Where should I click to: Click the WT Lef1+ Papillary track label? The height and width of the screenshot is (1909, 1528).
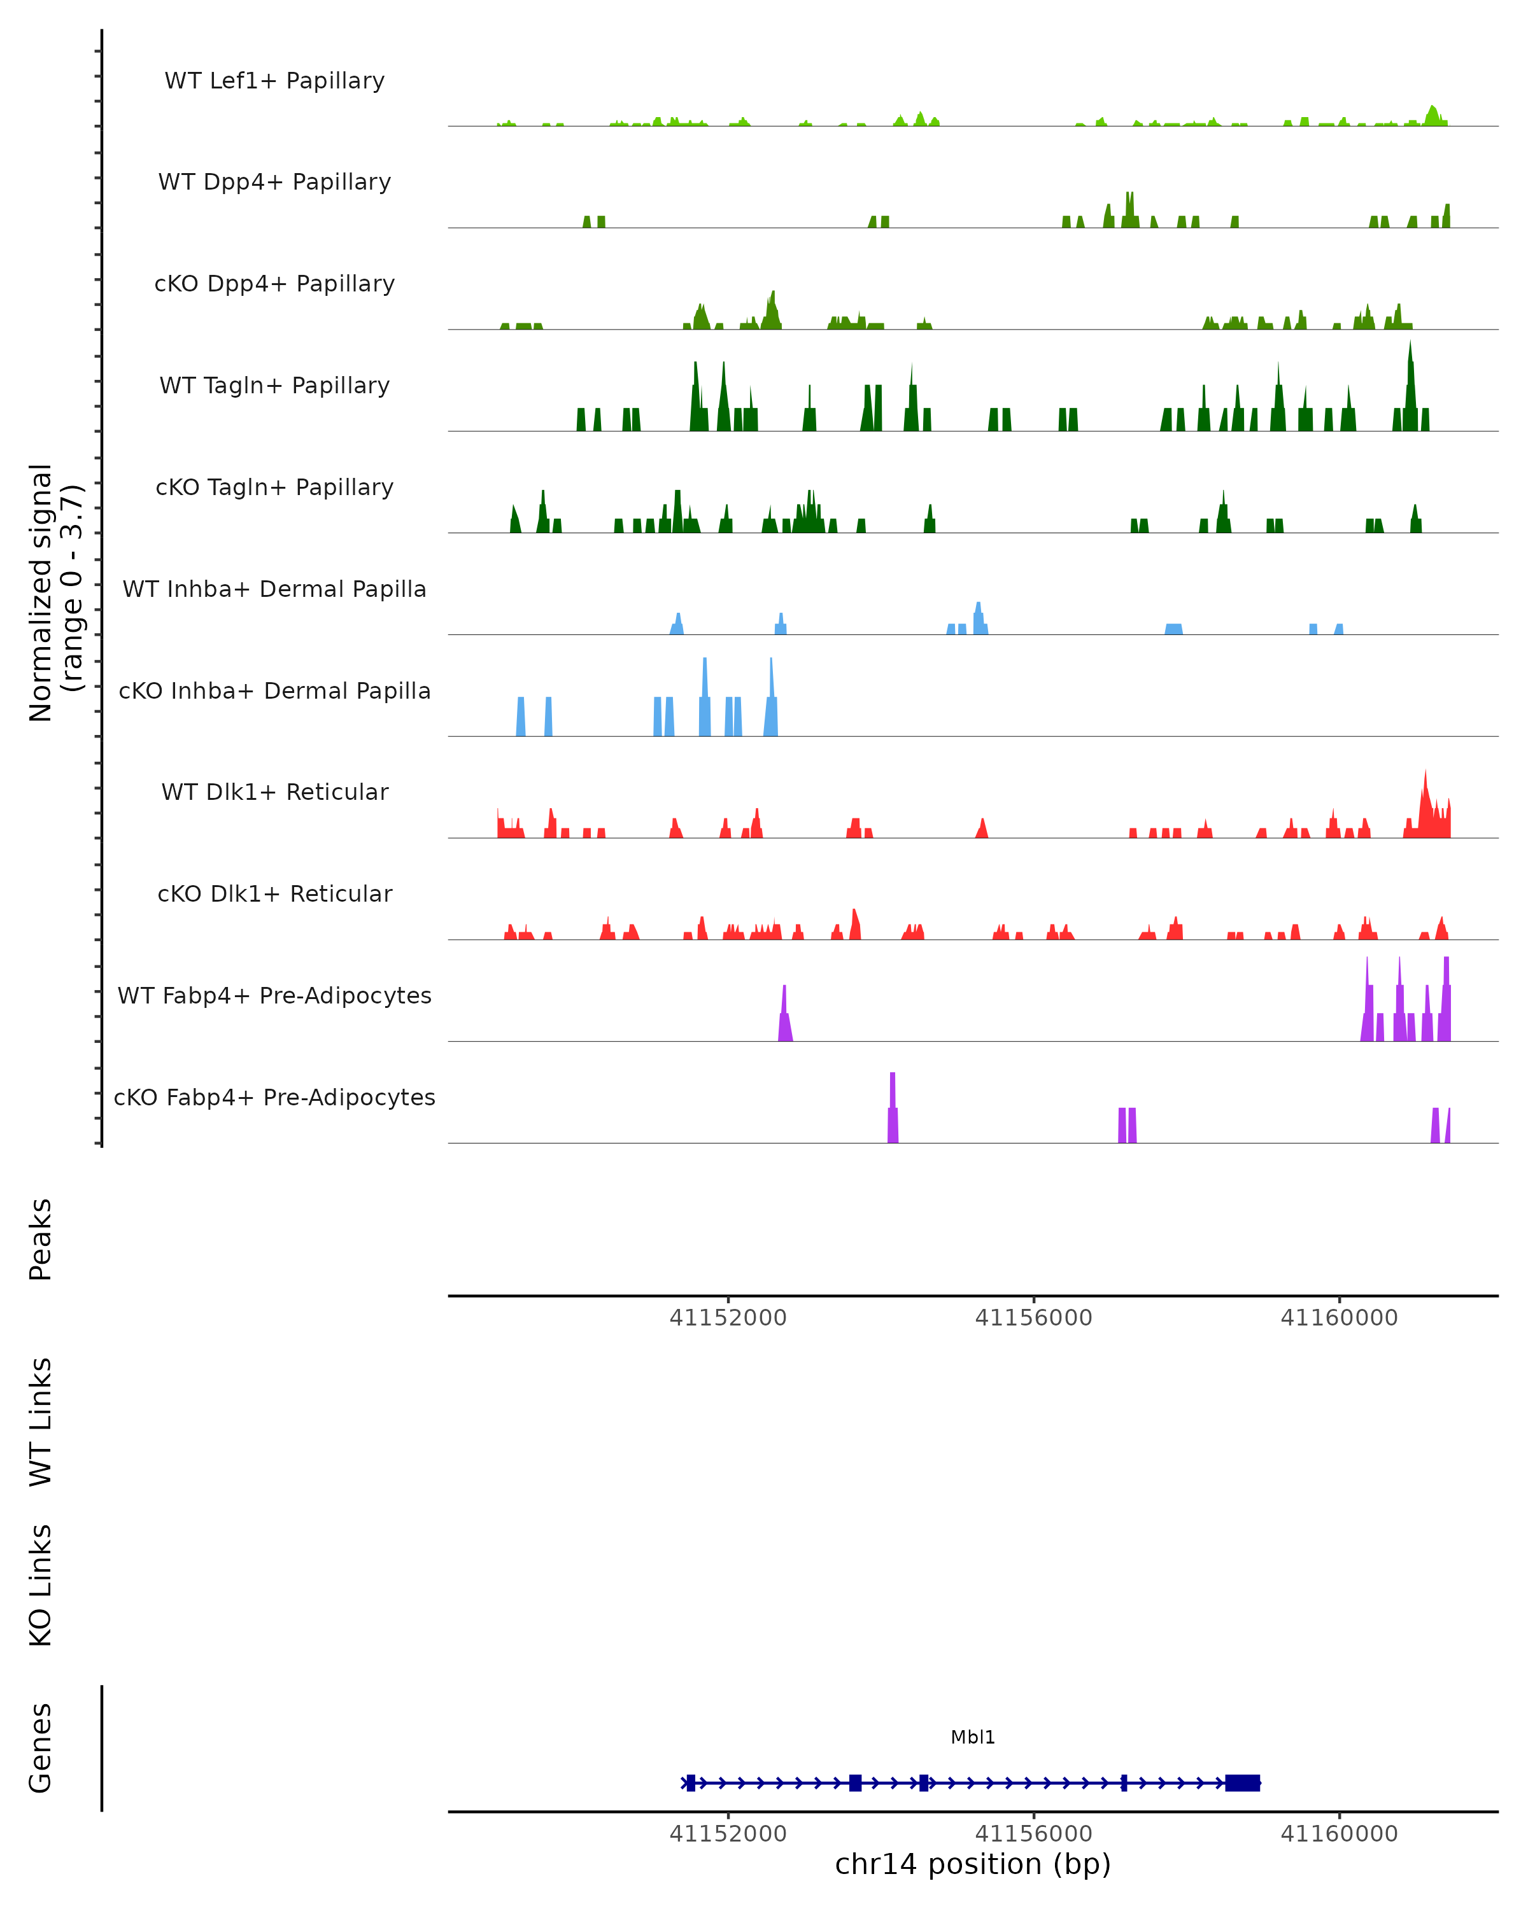click(x=274, y=81)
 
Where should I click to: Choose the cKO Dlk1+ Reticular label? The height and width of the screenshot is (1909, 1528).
click(x=274, y=893)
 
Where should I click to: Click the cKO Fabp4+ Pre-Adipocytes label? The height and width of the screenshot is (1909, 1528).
click(x=274, y=1097)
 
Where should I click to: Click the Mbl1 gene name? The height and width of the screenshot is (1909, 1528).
click(x=973, y=1737)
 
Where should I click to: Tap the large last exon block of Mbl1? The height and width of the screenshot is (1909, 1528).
click(x=1242, y=1782)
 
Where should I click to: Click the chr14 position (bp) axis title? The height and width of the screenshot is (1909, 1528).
click(x=973, y=1864)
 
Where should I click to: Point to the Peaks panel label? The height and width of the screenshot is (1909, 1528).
click(x=41, y=1240)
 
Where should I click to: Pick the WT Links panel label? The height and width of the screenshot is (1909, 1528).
click(x=41, y=1421)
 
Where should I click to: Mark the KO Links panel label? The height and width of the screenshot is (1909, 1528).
click(x=41, y=1585)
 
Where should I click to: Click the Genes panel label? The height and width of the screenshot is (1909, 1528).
click(x=41, y=1748)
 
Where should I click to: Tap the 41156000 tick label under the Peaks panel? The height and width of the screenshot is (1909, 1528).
click(x=1034, y=1318)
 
